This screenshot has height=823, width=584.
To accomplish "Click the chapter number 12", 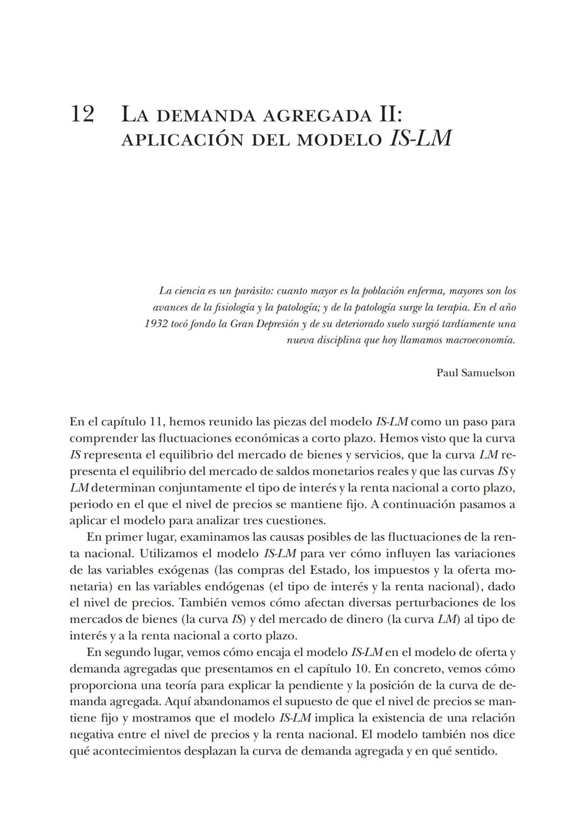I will [x=82, y=114].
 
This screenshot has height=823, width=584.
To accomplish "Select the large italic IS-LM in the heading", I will [x=420, y=138].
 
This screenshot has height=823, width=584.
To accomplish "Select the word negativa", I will [x=94, y=735].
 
